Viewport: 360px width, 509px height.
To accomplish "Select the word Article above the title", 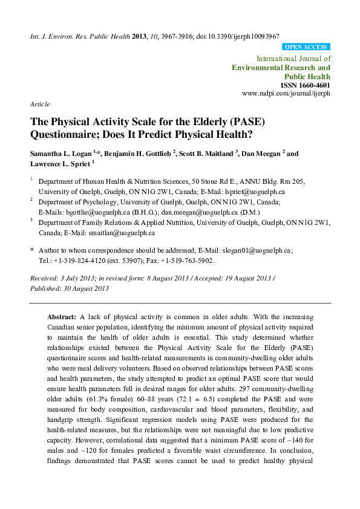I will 40,104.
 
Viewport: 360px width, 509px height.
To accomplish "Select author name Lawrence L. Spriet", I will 55,164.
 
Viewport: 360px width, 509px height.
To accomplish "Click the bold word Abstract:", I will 62,316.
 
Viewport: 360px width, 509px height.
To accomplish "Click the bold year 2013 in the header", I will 139,37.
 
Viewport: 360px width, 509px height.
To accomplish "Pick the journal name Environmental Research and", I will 281,68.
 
